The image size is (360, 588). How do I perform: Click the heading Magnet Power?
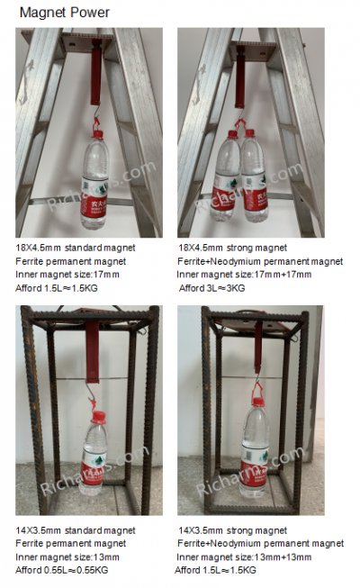pos(64,13)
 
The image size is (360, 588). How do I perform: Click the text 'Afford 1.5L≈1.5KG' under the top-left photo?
pos(60,287)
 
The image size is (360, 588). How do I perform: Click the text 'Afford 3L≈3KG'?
pos(212,287)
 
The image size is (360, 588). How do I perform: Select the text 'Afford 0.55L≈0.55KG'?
pos(67,570)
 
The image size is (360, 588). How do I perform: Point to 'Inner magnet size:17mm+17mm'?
pos(244,274)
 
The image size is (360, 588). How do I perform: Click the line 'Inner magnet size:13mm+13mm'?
pos(244,556)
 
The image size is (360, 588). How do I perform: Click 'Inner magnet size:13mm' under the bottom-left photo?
pos(67,556)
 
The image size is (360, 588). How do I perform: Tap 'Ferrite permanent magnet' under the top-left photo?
pos(70,260)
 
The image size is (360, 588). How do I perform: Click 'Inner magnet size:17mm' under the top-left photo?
pos(67,274)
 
